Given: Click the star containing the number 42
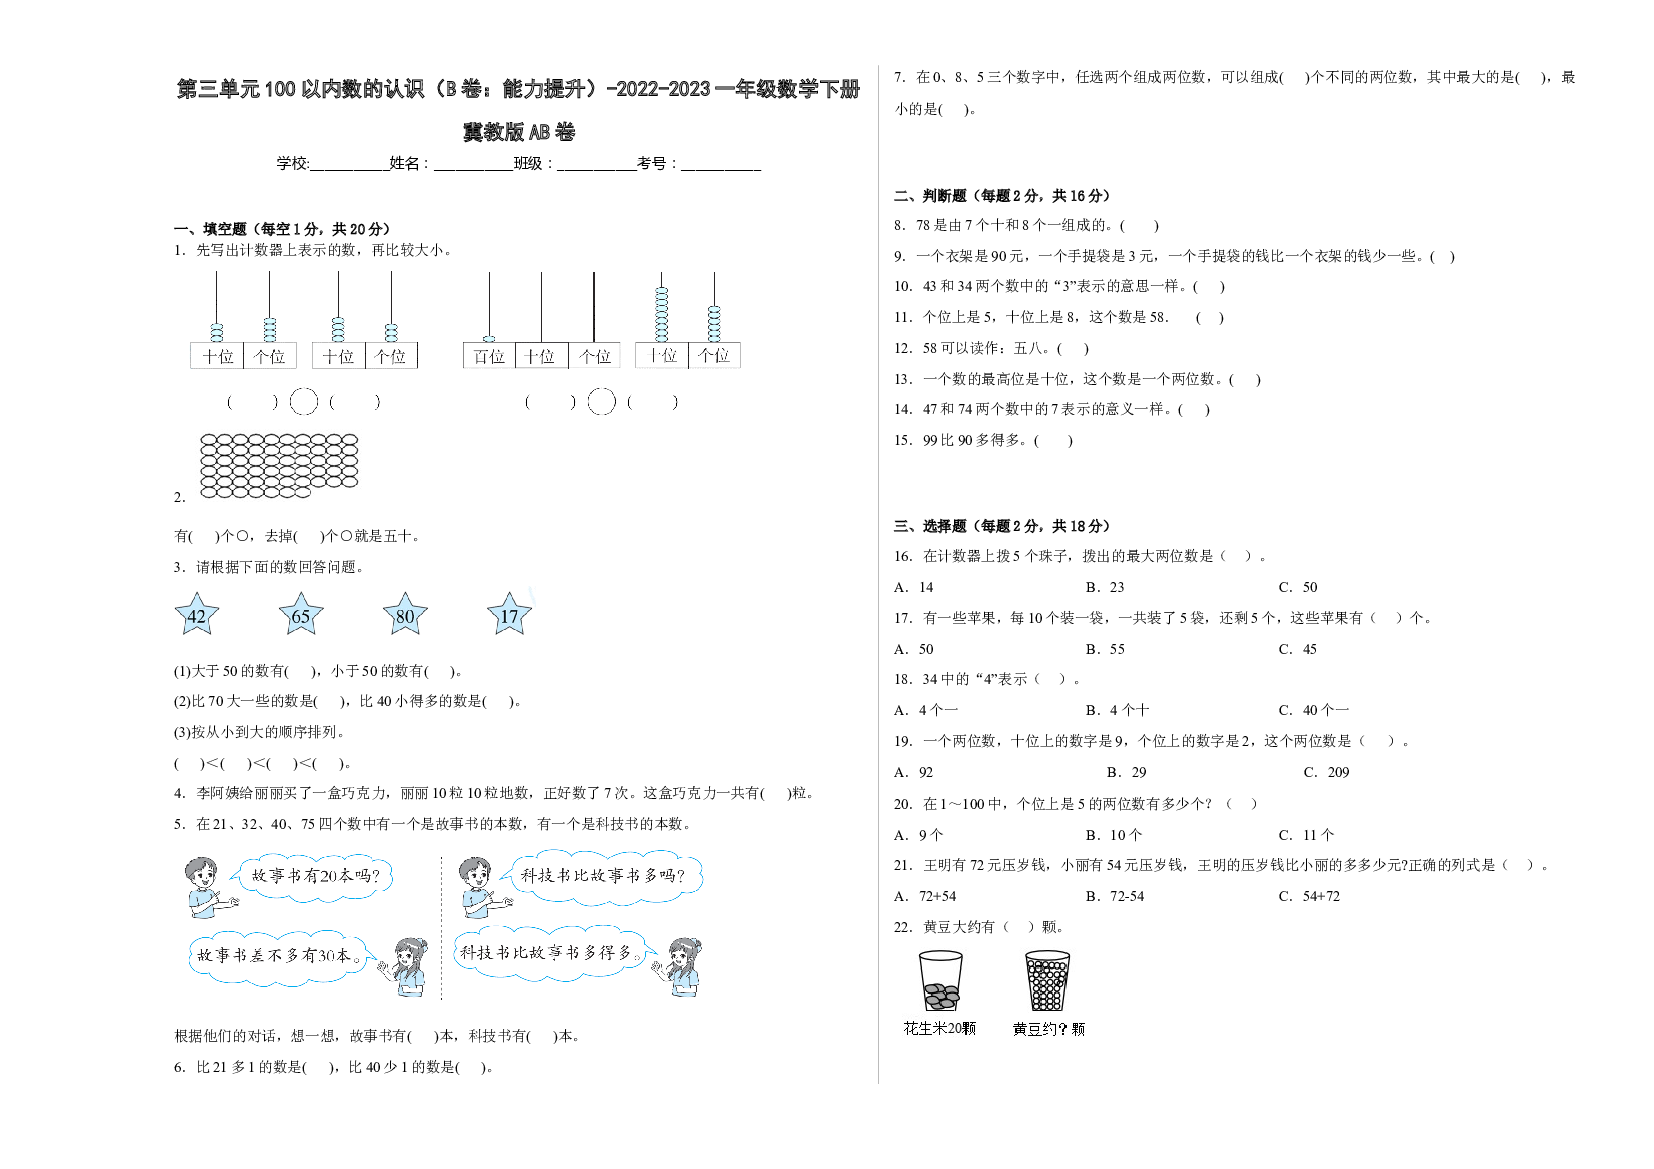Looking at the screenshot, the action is pos(196,614).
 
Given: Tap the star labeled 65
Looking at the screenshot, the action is pos(301,614).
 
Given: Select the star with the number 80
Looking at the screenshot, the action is pos(405,614).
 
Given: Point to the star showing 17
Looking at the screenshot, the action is pos(509,614).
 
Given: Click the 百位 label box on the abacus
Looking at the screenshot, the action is pos(489,356).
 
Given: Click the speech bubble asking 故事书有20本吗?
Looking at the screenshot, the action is pos(313,877).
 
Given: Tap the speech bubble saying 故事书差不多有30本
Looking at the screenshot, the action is pos(281,957).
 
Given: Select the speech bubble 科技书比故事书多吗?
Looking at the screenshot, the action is pos(602,877).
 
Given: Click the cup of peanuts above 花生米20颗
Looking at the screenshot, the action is pos(940,981).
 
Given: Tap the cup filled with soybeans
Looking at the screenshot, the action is pos(1048,981).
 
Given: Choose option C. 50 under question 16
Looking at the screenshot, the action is pos(1298,587).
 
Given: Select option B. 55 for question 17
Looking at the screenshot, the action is pos(1105,649).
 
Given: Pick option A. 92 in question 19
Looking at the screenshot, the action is pos(913,772).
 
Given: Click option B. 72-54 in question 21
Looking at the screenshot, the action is pos(1115,897).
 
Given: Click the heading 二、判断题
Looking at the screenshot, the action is pos(930,196).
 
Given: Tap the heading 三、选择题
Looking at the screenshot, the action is pos(930,526).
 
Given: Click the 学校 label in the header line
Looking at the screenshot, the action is pos(292,163).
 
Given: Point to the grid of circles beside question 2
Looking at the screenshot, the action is pos(279,466).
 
